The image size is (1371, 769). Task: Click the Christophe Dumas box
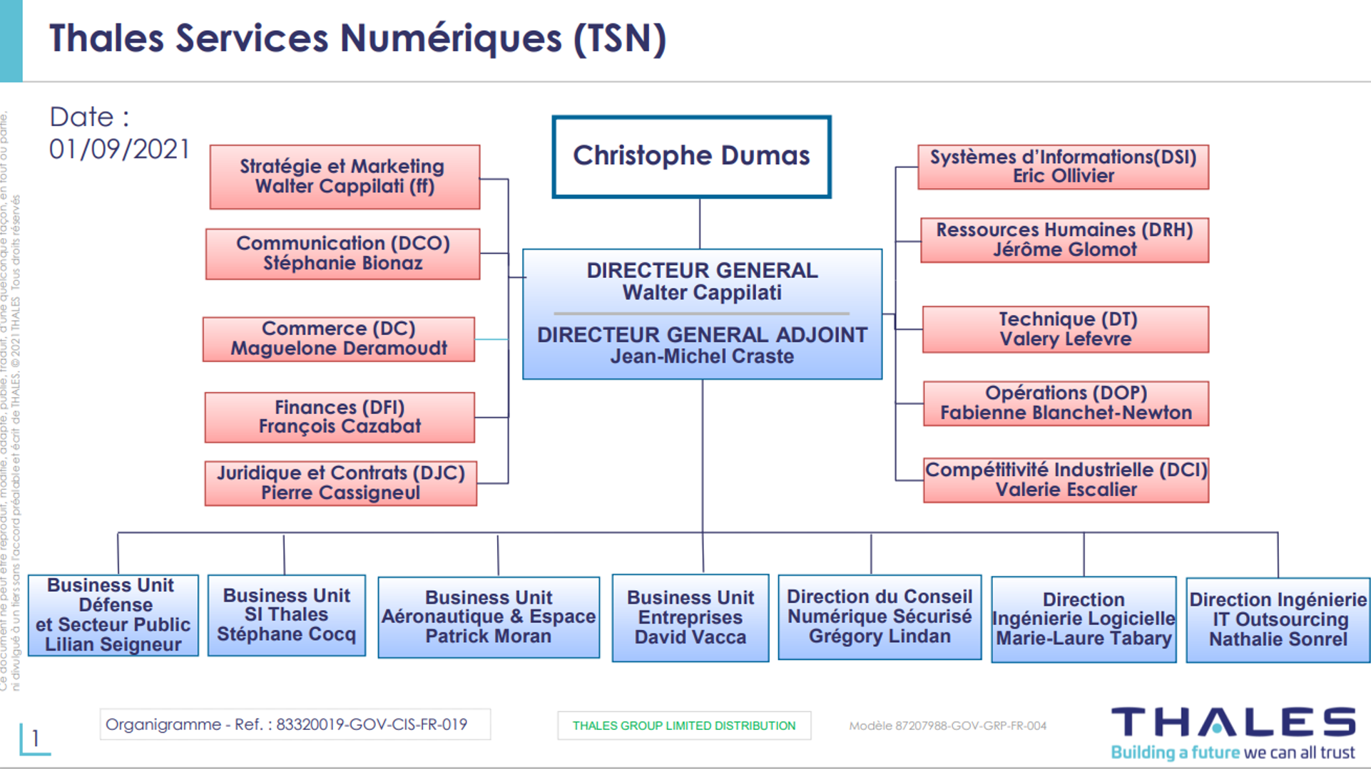coord(691,156)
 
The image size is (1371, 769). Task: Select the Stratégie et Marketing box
coord(345,177)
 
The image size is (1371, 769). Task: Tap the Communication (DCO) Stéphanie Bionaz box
coord(342,254)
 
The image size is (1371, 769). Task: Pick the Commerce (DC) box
coord(339,339)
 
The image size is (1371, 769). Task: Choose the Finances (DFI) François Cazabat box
coord(340,417)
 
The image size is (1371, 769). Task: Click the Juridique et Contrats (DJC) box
coord(341,483)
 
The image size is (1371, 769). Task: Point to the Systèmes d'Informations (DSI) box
coord(1063,167)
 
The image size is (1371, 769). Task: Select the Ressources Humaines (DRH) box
coord(1064,240)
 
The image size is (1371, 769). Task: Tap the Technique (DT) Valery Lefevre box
coord(1066,329)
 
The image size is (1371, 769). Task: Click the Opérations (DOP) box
coord(1066,403)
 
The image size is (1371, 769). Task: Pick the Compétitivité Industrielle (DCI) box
coord(1066,480)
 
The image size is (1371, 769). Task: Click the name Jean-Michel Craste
coord(702,356)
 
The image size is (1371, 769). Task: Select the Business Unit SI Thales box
coord(287,615)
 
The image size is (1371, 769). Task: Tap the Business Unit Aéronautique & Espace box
coord(489,617)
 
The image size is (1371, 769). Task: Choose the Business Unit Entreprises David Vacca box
coord(690,618)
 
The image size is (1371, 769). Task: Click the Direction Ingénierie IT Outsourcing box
coord(1278,620)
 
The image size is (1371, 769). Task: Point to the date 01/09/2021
coord(119,150)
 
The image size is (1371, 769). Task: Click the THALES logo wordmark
coord(1233,722)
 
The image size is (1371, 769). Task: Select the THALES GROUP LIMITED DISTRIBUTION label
coord(684,726)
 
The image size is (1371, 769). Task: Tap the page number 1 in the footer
coord(35,738)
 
